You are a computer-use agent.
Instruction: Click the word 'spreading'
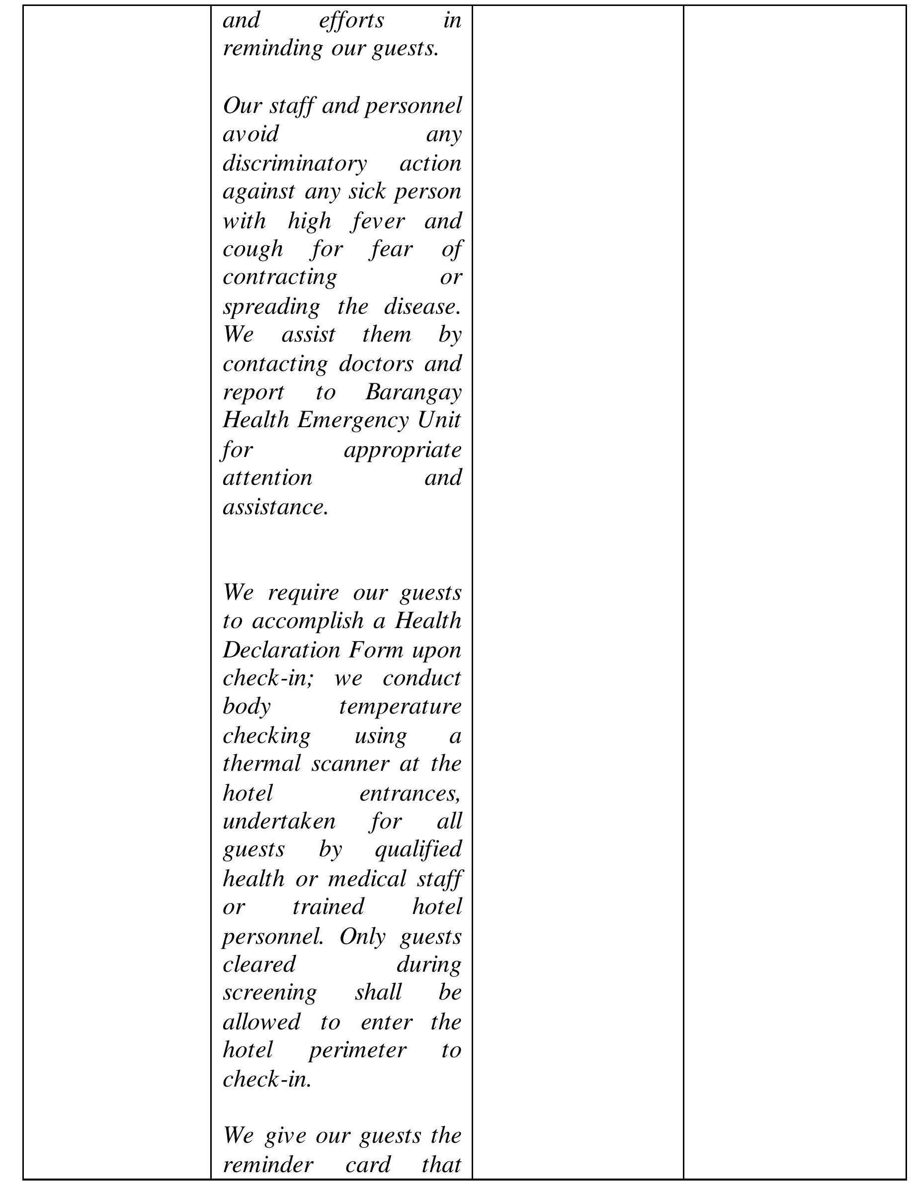[x=271, y=307]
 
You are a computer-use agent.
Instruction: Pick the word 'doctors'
[x=376, y=364]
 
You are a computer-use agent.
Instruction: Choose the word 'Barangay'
[x=413, y=392]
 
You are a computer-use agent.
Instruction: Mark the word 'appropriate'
[x=403, y=450]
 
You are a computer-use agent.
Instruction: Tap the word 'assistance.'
[x=275, y=507]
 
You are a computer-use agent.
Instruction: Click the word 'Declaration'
[x=281, y=650]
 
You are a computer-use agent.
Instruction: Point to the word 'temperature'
[x=400, y=707]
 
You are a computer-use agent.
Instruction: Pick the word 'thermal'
[x=262, y=764]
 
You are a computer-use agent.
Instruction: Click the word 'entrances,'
[x=410, y=794]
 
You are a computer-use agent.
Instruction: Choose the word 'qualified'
[x=417, y=849]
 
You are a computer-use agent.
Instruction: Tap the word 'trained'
[x=328, y=907]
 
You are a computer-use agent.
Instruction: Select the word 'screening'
[x=269, y=992]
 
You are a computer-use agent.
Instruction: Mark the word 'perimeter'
[x=357, y=1050]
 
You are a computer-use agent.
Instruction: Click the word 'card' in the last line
[x=368, y=1165]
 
